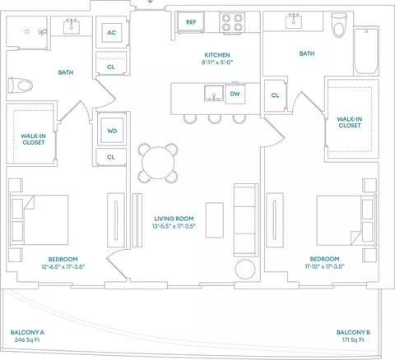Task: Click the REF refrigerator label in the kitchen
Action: coord(191,22)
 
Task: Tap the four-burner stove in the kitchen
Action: coord(232,23)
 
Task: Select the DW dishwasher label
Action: coord(235,94)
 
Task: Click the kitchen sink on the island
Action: coord(214,93)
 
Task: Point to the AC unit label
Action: coord(111,33)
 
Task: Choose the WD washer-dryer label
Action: coord(112,131)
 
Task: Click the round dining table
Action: coord(158,163)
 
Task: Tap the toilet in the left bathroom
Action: coord(21,85)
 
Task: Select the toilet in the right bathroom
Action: coord(339,25)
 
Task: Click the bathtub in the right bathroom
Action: coord(366,51)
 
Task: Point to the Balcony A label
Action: coord(27,332)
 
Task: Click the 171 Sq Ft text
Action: coord(353,339)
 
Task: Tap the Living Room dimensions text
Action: coord(174,226)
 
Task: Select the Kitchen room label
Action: coord(217,55)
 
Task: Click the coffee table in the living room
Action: coord(215,220)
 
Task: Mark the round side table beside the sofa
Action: coord(245,269)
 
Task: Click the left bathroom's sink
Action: coord(72,27)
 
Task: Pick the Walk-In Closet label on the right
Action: coord(350,122)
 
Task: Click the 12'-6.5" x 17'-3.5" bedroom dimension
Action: coord(63,266)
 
